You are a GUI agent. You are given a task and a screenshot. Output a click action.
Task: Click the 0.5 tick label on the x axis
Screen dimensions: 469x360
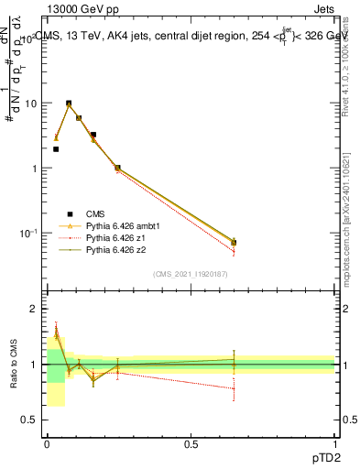click(x=191, y=443)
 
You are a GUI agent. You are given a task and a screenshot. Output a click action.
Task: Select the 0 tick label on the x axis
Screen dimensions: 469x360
click(x=47, y=443)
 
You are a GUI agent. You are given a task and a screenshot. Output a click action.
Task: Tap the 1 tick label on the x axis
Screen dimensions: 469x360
click(x=334, y=443)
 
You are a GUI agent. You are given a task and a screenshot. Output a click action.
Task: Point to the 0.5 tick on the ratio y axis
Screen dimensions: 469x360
click(x=28, y=420)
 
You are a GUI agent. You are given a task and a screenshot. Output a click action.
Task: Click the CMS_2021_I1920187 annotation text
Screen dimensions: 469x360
click(x=190, y=274)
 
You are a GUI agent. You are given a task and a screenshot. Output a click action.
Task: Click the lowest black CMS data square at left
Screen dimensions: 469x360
click(x=56, y=149)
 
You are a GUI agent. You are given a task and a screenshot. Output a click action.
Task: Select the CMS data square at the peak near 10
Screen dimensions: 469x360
click(x=69, y=104)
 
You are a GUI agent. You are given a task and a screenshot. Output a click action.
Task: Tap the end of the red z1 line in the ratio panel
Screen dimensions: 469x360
click(x=234, y=388)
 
